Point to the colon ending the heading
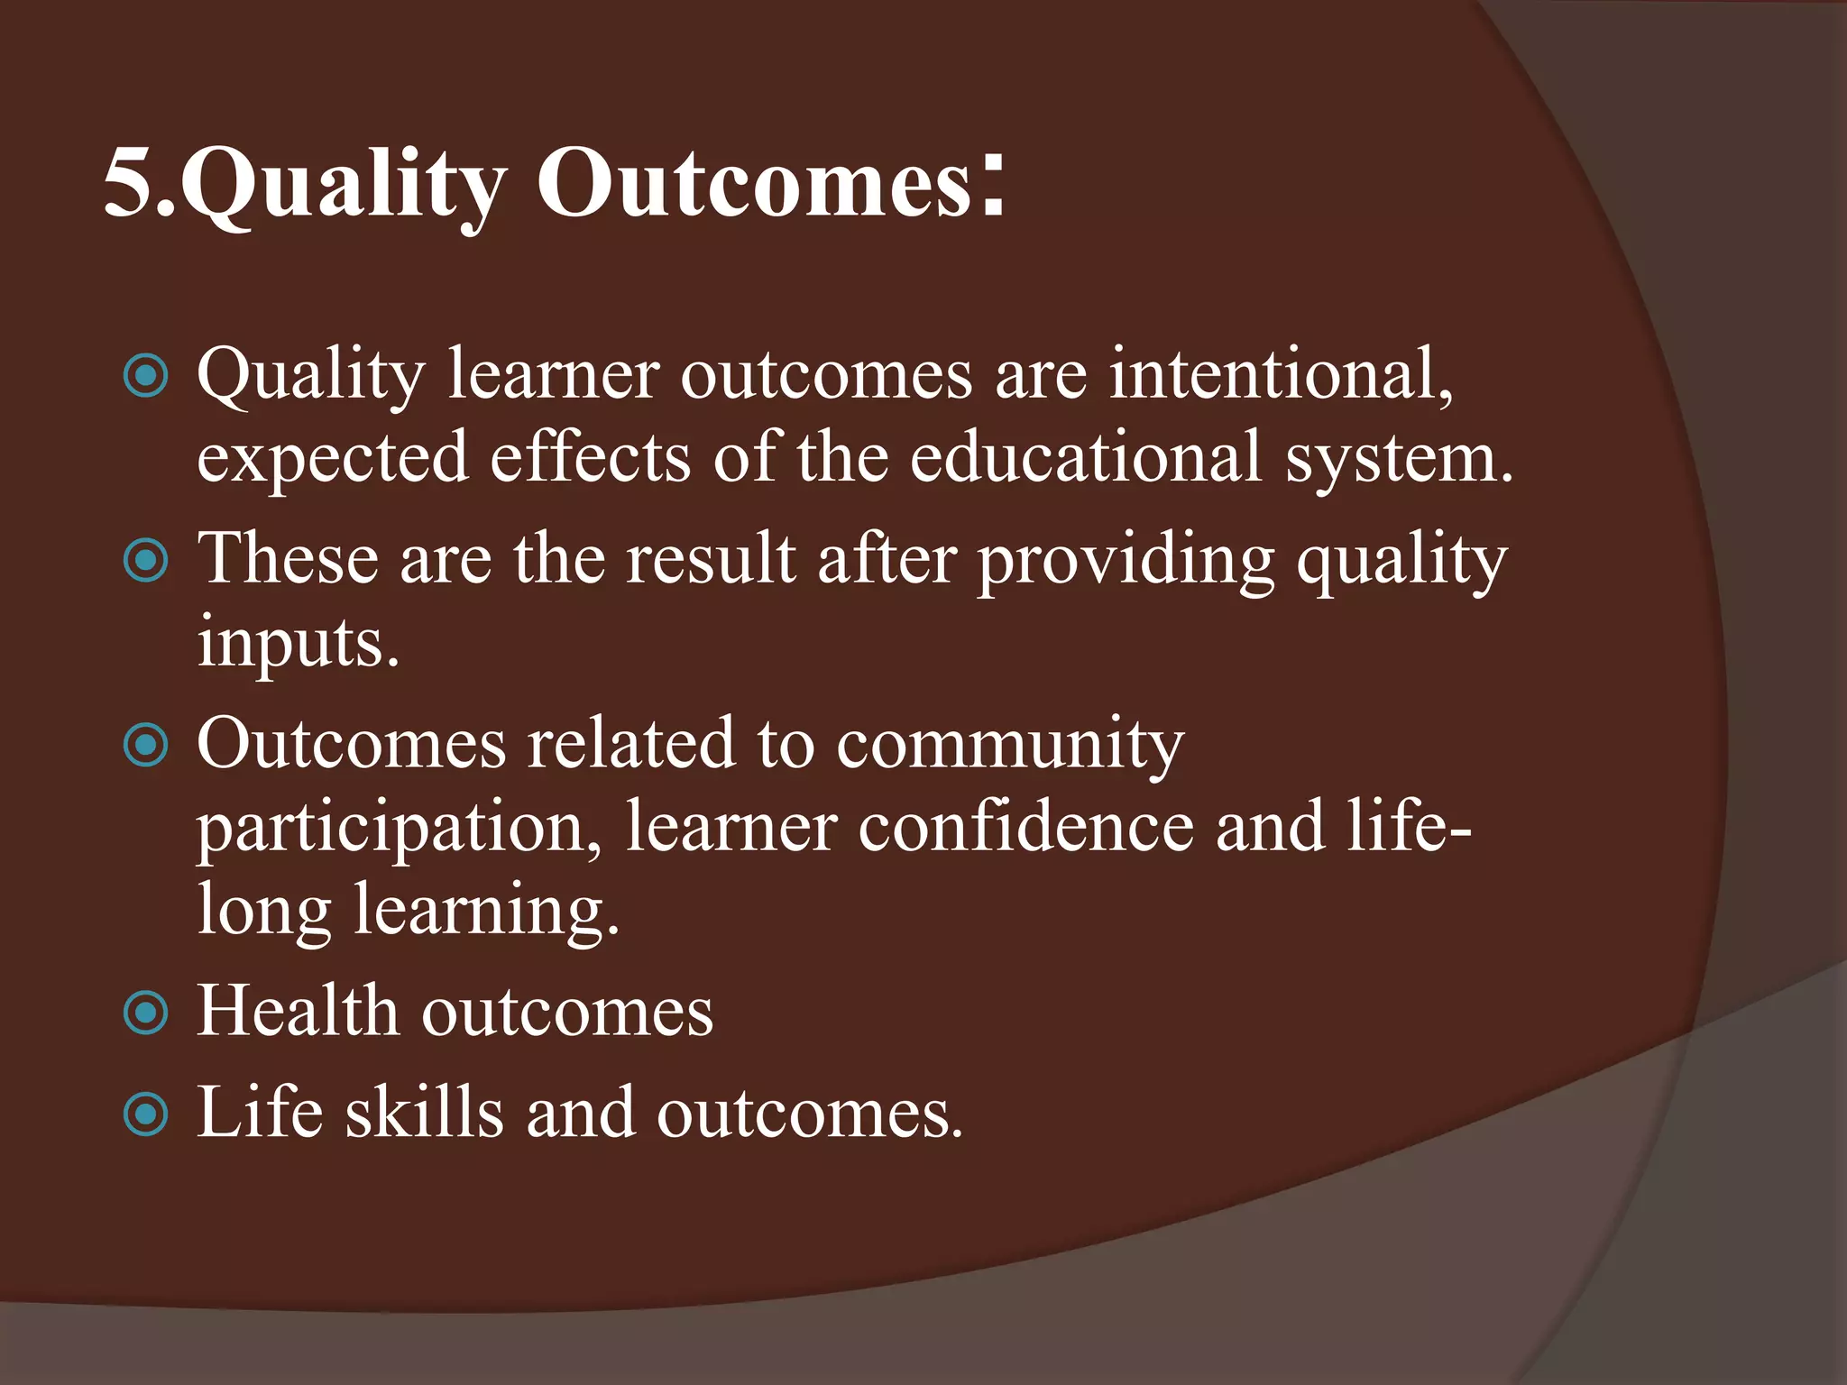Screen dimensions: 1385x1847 (x=993, y=185)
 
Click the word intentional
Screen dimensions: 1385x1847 (x=1281, y=374)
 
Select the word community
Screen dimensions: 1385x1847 (x=1010, y=746)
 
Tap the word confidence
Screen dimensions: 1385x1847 (x=1025, y=827)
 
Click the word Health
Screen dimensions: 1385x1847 (x=298, y=1011)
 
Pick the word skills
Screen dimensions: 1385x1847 (x=424, y=1112)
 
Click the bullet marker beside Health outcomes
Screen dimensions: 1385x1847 (x=145, y=1013)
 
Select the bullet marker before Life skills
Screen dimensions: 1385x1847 (x=145, y=1114)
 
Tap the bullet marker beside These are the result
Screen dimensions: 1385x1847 (x=145, y=561)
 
